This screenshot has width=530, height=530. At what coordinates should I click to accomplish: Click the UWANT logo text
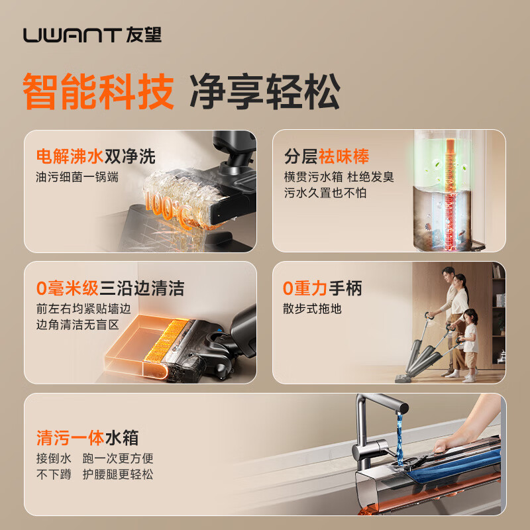click(x=72, y=34)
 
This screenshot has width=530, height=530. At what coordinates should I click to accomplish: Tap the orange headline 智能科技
click(x=98, y=91)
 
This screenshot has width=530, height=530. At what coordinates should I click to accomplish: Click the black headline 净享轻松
click(x=265, y=91)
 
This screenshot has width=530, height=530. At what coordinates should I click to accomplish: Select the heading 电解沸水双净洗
click(x=96, y=156)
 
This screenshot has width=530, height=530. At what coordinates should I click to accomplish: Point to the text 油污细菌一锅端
click(x=78, y=178)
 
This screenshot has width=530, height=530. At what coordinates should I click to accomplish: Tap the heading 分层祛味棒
click(x=327, y=156)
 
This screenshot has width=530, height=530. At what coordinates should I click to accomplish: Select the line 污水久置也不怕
click(x=325, y=193)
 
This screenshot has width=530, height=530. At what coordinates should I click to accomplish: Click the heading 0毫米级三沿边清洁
click(x=110, y=288)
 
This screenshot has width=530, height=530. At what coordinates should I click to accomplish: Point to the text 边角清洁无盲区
click(x=78, y=325)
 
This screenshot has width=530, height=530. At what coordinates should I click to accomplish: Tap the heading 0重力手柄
click(x=322, y=288)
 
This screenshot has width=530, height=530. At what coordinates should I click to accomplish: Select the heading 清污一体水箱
click(x=87, y=438)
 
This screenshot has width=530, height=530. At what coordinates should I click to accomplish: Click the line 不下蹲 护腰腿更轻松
click(x=95, y=474)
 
